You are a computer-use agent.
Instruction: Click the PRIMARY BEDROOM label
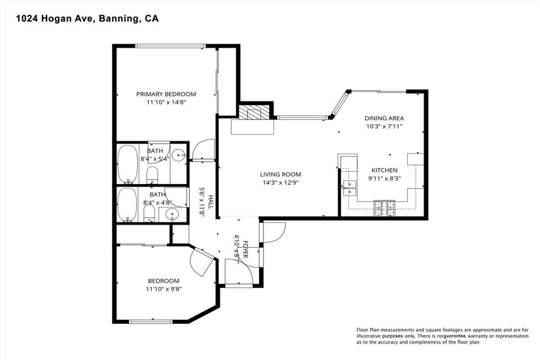[x=166, y=94]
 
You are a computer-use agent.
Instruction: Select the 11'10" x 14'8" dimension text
[x=166, y=103]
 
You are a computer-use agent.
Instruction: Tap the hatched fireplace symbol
[x=254, y=112]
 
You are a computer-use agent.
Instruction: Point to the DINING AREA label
[x=384, y=119]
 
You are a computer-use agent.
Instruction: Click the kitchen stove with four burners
[x=384, y=208]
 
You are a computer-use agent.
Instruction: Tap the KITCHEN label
[x=384, y=170]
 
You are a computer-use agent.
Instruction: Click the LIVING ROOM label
[x=280, y=174]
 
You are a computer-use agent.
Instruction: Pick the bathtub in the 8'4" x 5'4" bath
[x=127, y=163]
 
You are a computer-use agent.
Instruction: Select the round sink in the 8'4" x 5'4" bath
[x=179, y=155]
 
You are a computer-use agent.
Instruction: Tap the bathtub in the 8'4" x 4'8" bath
[x=127, y=205]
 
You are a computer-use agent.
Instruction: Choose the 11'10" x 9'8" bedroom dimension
[x=163, y=289]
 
